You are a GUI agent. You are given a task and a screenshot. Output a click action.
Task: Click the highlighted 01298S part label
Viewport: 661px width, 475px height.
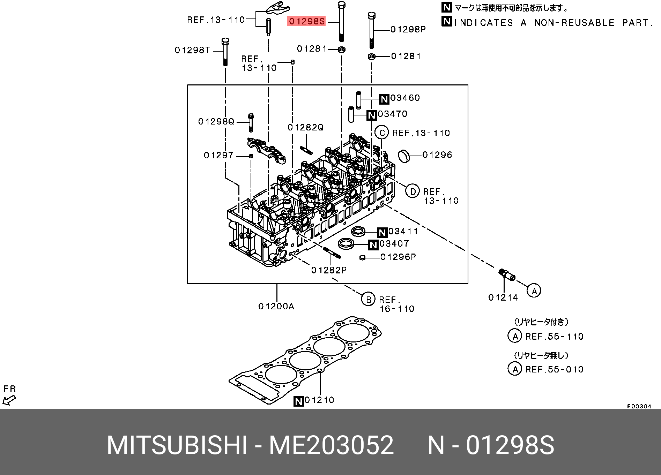tap(306, 21)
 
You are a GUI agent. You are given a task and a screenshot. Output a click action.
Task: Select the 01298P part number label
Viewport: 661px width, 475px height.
tap(408, 30)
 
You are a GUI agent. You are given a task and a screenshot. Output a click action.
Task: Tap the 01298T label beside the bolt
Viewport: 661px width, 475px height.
tap(193, 50)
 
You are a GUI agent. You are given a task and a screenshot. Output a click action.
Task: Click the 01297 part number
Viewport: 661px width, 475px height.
tap(218, 155)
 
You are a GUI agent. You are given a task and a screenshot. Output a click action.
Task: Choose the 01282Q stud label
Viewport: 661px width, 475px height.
tap(306, 128)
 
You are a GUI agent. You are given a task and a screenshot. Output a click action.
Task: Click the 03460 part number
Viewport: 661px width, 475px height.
tap(405, 98)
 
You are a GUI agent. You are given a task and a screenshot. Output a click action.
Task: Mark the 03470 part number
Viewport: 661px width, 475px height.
tap(392, 114)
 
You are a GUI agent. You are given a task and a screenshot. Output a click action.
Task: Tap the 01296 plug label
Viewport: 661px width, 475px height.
tap(437, 155)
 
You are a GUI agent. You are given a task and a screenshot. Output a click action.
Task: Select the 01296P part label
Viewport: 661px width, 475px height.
tap(398, 257)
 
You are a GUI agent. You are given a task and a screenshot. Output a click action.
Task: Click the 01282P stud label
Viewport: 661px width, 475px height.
tap(329, 270)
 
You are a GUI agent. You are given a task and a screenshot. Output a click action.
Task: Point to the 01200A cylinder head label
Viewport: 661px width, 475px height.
tap(276, 306)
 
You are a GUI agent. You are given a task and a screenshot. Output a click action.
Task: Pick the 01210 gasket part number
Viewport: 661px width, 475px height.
tap(319, 400)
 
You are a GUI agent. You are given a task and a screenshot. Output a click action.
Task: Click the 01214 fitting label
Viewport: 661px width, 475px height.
tap(503, 297)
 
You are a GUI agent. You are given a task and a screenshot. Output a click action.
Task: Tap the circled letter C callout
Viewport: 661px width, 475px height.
tap(382, 133)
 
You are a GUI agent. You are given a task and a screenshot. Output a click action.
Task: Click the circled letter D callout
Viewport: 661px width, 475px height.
tap(413, 191)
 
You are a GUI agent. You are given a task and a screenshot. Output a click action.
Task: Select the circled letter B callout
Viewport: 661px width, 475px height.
tap(368, 299)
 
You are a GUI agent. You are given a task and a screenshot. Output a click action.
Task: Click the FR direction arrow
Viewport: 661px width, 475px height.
tap(9, 400)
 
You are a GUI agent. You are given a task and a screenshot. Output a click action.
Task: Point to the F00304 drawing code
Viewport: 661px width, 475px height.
tap(639, 406)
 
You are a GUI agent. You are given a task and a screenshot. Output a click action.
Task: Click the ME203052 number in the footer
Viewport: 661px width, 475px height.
tap(331, 445)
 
